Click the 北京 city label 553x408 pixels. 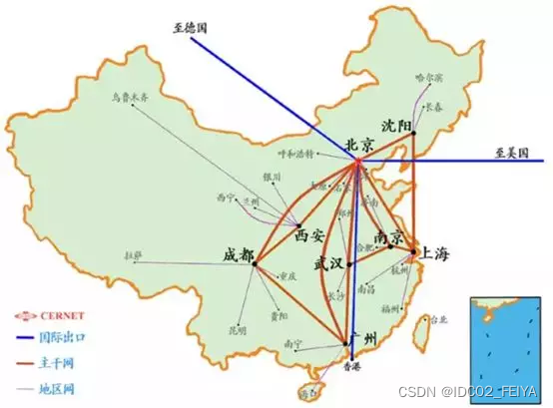click(361, 145)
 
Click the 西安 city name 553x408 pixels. click(310, 235)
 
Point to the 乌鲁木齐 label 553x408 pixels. click(129, 97)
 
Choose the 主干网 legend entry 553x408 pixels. click(54, 363)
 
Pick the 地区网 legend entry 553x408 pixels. click(54, 388)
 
